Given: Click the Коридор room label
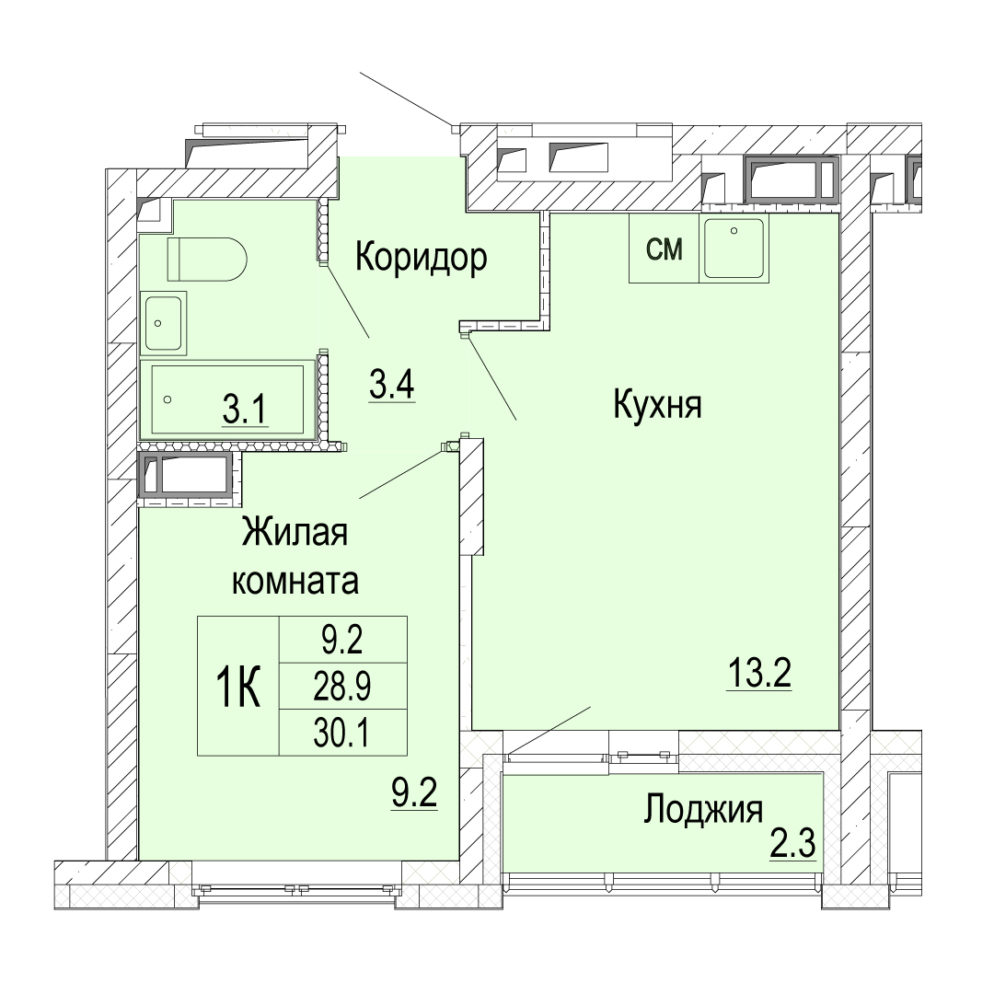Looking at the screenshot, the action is (x=421, y=258).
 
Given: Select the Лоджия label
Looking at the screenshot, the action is (x=703, y=811).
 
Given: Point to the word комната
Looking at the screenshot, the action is (x=295, y=581).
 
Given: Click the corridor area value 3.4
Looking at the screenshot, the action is (x=392, y=384).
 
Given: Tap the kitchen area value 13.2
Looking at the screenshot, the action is (x=758, y=673).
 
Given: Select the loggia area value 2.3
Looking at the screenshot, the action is (x=792, y=844).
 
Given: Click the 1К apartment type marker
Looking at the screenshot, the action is (x=238, y=688).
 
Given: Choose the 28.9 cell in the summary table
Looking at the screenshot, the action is (x=343, y=686).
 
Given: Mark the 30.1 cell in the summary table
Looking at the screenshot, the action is (x=343, y=733).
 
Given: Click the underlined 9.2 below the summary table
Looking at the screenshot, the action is (x=414, y=793).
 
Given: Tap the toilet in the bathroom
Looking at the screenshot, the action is (x=207, y=260).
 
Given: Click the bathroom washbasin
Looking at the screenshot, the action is (x=164, y=323).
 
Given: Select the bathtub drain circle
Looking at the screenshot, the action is (x=168, y=399).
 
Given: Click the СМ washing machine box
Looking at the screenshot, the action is (x=664, y=248).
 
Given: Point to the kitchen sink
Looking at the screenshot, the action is (x=734, y=248).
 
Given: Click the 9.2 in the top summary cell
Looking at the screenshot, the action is (x=343, y=640).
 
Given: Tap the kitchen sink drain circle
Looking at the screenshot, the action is (x=734, y=231).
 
